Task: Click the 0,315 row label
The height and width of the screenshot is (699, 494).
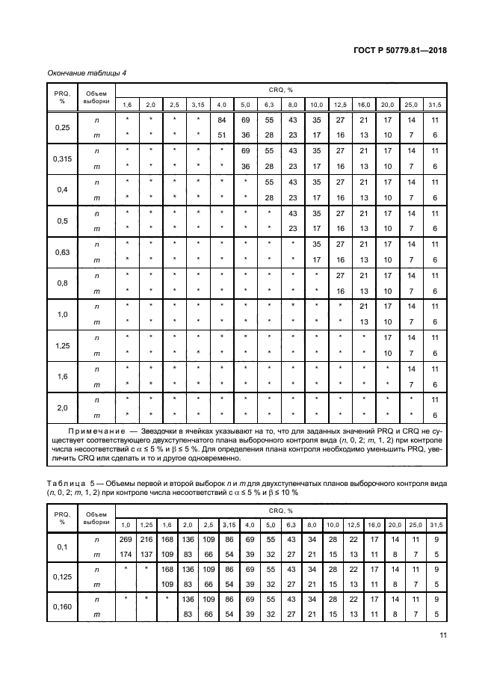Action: pos(63,159)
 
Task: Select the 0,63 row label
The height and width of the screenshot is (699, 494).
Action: pos(63,252)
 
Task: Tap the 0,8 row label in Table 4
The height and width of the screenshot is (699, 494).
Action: pos(63,283)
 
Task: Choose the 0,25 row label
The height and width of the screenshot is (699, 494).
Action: pos(63,127)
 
